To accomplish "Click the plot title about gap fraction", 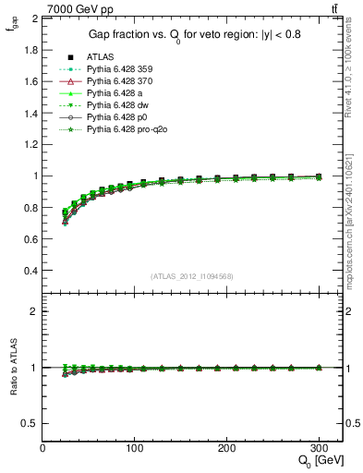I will click(x=181, y=34).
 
